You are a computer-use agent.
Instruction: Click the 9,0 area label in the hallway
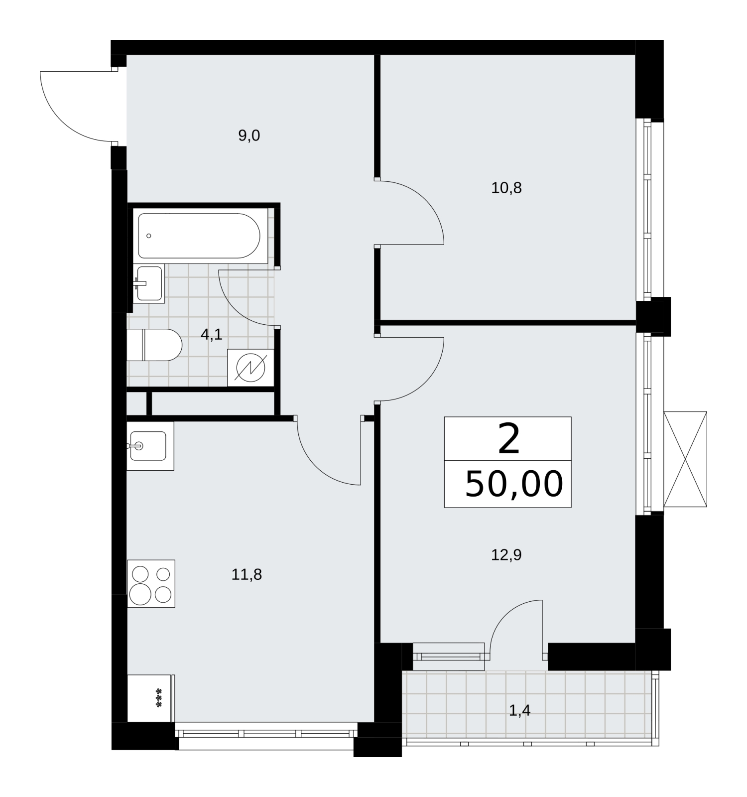249,135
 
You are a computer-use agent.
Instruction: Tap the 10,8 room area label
506,188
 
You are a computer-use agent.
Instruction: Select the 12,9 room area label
506,554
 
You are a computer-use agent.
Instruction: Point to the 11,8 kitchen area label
247,575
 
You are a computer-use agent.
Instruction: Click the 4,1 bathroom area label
211,335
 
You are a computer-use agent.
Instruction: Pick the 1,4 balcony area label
519,711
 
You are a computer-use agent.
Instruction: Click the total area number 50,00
514,484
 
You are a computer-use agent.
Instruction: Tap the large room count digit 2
508,439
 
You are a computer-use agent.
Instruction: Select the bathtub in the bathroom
199,236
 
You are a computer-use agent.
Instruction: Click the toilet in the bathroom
154,345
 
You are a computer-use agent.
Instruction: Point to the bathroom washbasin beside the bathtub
149,283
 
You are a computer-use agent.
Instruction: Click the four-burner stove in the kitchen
151,584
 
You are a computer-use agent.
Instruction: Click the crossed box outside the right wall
685,459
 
